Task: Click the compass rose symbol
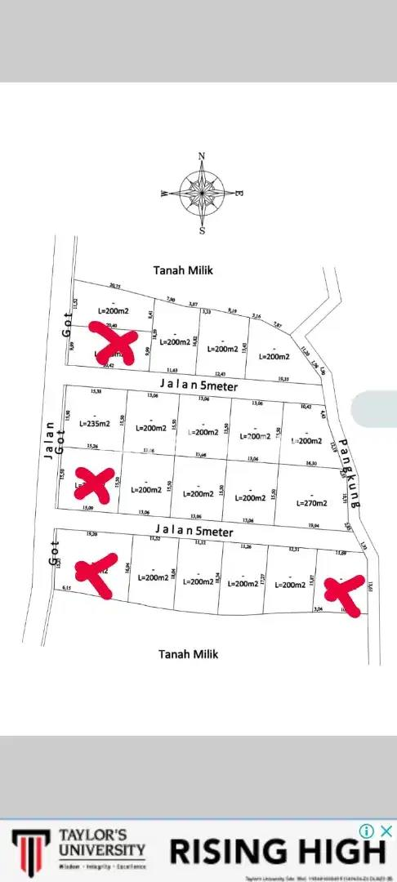pos(202,192)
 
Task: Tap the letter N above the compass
pos(203,157)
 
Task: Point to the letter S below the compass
pos(203,230)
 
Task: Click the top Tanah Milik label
pos(184,269)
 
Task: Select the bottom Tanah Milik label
pos(188,654)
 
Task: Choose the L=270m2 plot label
pos(311,503)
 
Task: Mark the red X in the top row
pos(116,346)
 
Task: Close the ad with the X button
pos(387,831)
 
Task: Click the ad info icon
pos(368,831)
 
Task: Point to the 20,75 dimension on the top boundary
pos(114,286)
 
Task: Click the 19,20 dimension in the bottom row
pos(91,533)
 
